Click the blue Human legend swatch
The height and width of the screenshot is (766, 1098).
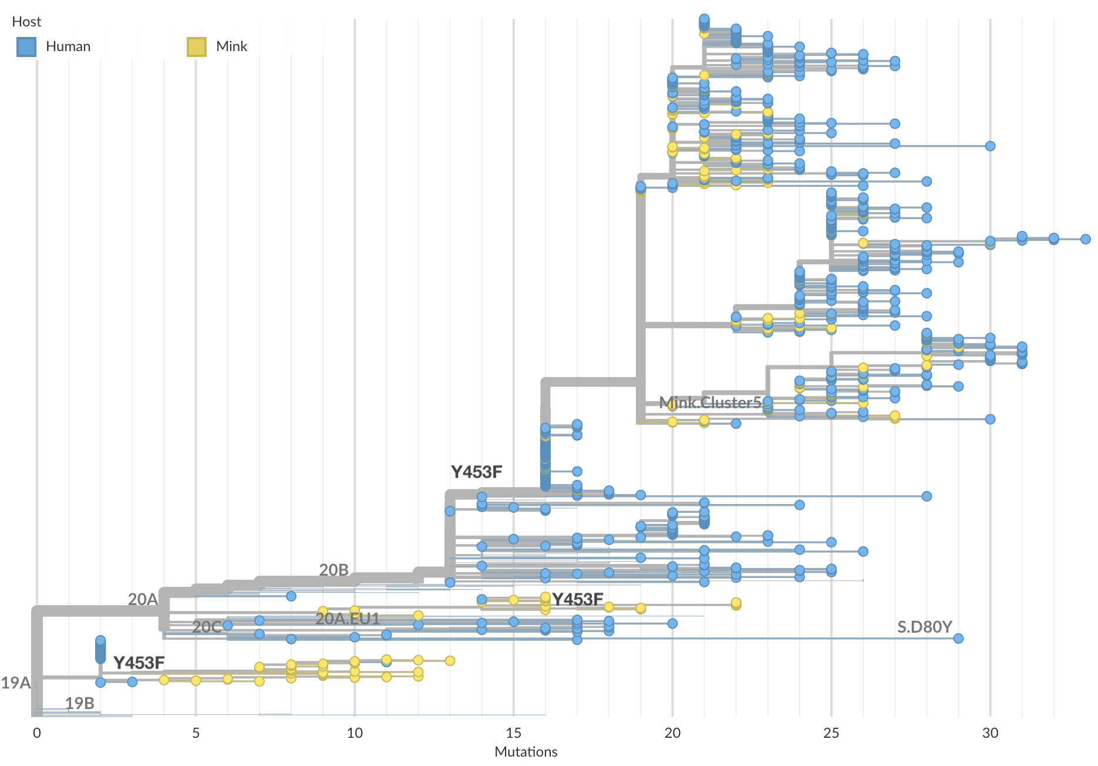[x=26, y=47]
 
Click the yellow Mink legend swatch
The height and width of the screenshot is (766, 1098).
[x=197, y=47]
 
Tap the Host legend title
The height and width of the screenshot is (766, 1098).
[x=26, y=22]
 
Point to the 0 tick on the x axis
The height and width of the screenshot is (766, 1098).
[x=37, y=733]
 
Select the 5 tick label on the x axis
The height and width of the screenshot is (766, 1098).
[x=196, y=733]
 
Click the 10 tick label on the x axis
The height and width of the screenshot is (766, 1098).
[x=355, y=733]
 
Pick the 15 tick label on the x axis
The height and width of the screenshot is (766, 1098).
[x=514, y=733]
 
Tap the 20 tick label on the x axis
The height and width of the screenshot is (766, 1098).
[x=672, y=733]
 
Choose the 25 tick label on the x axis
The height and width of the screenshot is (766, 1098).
[x=831, y=733]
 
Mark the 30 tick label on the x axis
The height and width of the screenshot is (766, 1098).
[x=991, y=733]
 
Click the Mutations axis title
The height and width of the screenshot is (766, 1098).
[x=526, y=752]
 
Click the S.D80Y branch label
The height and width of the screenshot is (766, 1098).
[x=924, y=627]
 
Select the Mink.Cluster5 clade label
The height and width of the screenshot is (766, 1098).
[x=710, y=402]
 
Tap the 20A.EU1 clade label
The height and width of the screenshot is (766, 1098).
[x=348, y=619]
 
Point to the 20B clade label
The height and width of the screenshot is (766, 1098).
[x=334, y=570]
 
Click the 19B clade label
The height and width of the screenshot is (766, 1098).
[x=79, y=703]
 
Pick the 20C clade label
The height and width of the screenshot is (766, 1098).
[x=207, y=627]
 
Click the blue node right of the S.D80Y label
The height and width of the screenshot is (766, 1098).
[x=958, y=639]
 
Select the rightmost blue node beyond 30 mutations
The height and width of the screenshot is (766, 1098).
[x=1086, y=239]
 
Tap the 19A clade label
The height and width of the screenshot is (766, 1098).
[x=15, y=683]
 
